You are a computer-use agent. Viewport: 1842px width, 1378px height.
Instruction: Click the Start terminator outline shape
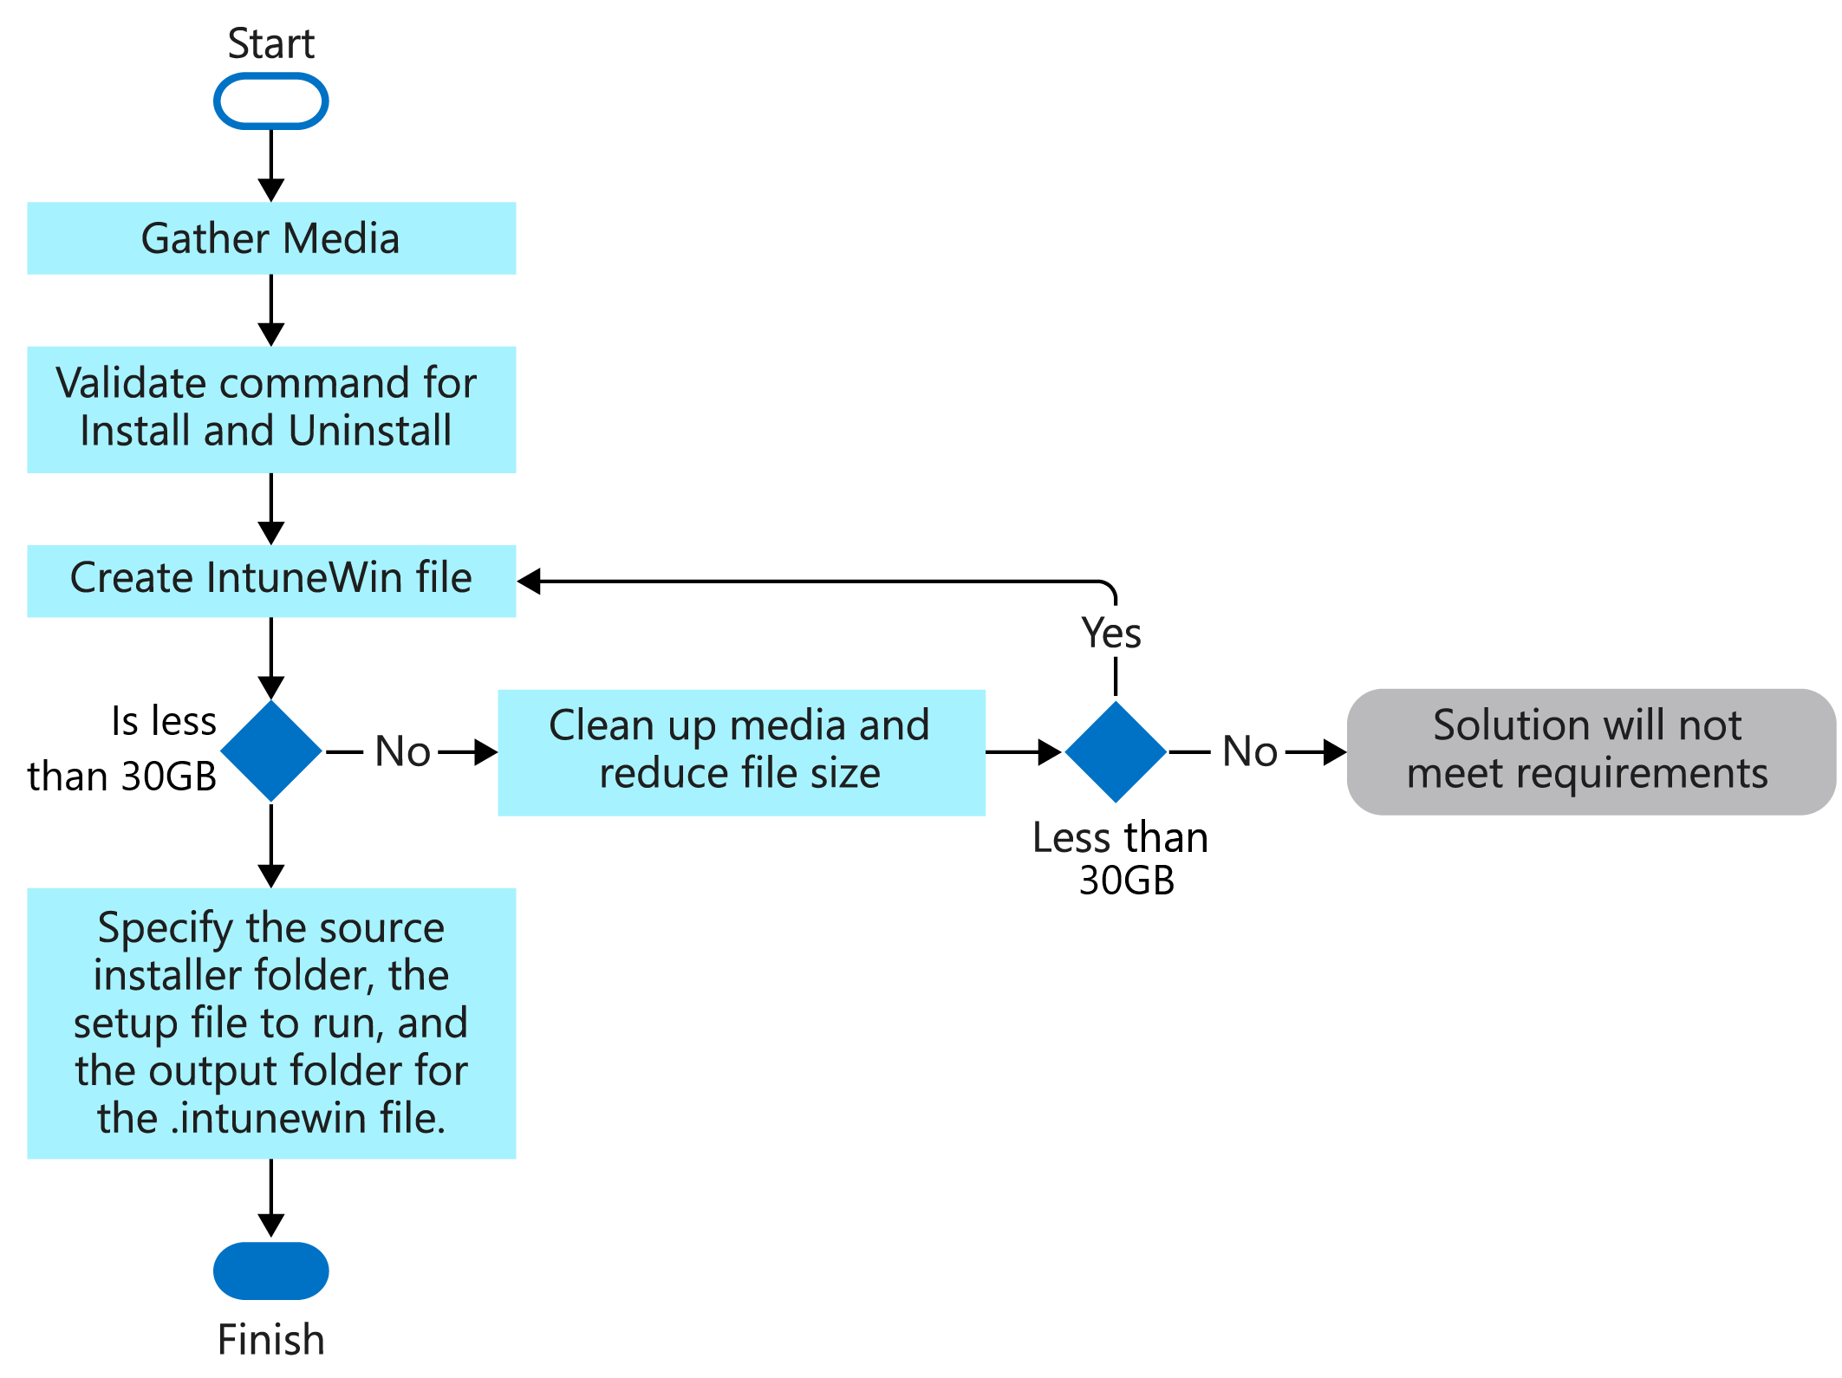(x=270, y=101)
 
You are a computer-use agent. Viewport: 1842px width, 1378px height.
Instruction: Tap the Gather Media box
(x=270, y=238)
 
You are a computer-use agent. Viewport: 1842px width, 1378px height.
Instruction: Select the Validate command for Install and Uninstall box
(x=270, y=409)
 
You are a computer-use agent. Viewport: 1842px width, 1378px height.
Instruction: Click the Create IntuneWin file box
(x=270, y=580)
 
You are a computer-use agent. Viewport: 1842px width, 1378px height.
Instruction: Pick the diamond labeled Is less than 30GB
(x=271, y=751)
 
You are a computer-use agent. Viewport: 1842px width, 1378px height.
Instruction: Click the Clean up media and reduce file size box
(x=740, y=751)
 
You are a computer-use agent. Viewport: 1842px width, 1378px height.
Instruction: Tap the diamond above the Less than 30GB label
(x=1115, y=751)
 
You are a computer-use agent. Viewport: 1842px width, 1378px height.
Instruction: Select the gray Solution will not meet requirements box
(x=1590, y=751)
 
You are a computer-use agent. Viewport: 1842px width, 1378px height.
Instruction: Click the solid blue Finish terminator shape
(x=270, y=1271)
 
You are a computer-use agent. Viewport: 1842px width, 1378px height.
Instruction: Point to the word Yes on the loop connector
(x=1111, y=633)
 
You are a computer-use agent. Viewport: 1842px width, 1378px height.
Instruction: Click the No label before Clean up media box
(x=402, y=751)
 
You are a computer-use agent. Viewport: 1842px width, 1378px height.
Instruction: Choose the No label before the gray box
(x=1249, y=751)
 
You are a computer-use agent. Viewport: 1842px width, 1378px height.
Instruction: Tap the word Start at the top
(x=270, y=43)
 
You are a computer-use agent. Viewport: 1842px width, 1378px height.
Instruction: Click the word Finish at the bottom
(x=270, y=1340)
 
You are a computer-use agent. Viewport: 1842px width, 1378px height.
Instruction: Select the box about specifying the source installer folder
(x=270, y=1023)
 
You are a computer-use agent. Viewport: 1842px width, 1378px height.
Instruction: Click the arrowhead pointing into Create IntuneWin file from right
(x=530, y=582)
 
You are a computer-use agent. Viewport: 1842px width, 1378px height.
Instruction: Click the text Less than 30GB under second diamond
(x=1122, y=858)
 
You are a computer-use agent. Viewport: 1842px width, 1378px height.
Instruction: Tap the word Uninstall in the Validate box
(x=370, y=431)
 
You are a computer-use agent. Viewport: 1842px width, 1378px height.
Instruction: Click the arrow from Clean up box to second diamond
(x=1023, y=751)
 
